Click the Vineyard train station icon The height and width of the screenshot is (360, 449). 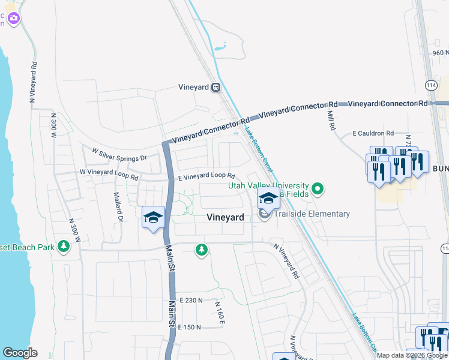tap(215, 87)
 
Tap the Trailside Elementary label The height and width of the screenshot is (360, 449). tap(312, 214)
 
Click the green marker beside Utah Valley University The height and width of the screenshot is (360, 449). tap(319, 190)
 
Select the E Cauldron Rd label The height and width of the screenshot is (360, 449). tap(373, 133)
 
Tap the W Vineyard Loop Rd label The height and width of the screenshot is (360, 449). tap(109, 174)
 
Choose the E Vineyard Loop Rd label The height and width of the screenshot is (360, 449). tap(206, 177)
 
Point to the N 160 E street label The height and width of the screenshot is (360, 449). tap(219, 313)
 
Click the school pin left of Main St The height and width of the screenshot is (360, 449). tap(153, 217)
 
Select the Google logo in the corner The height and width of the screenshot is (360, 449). tap(20, 353)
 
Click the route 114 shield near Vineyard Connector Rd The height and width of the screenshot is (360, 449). tap(431, 86)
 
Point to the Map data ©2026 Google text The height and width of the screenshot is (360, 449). tap(412, 355)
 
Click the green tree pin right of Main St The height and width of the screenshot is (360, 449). tap(202, 250)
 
